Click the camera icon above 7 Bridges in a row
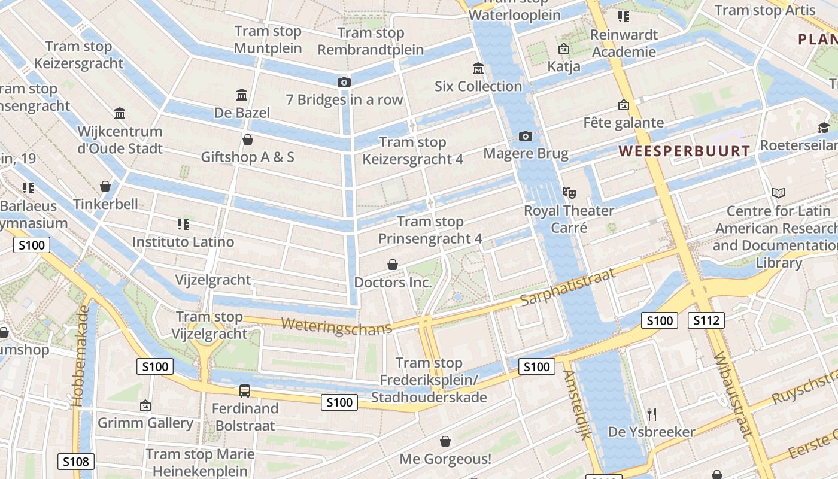344,82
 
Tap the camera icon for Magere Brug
526,136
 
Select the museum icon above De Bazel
242,95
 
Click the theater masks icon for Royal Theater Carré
569,193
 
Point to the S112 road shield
706,320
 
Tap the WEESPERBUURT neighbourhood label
684,151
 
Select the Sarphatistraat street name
567,287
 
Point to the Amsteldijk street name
576,405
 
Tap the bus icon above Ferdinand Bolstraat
244,391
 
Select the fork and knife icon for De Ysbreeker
652,414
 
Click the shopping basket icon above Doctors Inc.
393,264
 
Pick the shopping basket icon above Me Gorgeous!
445,441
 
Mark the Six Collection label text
478,86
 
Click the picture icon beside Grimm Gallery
145,405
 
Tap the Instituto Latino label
183,242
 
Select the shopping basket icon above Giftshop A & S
248,140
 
